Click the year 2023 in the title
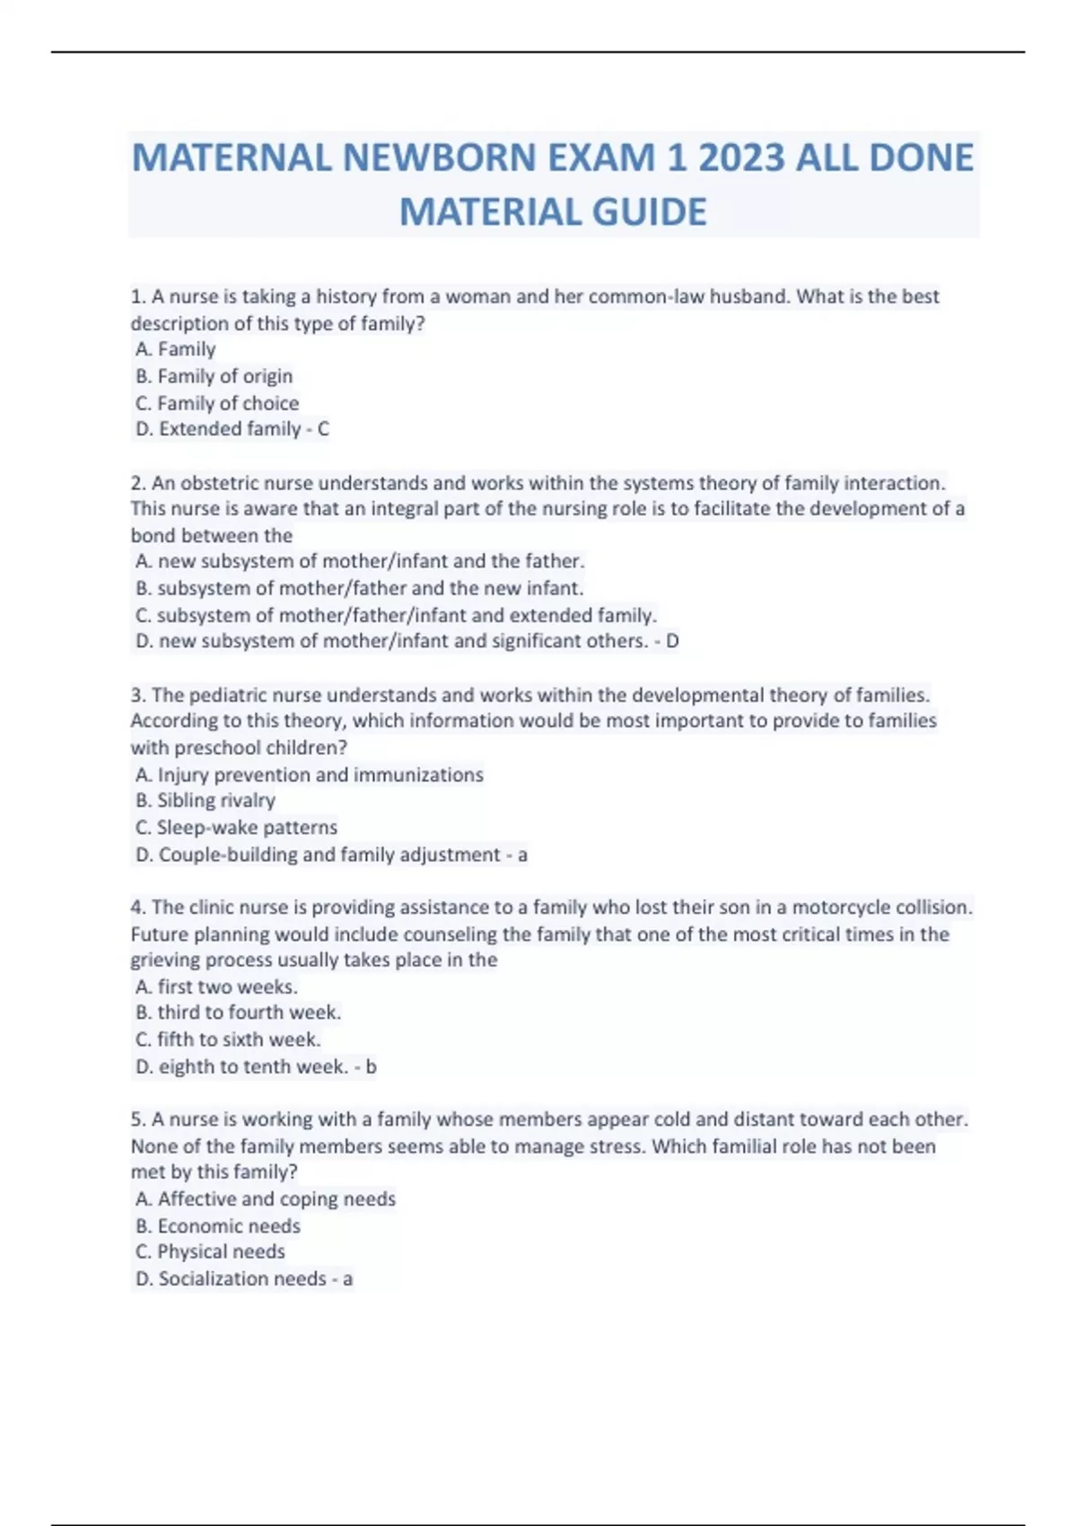(x=741, y=158)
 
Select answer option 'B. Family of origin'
(x=214, y=376)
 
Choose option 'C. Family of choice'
(x=217, y=403)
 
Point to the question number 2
(x=137, y=483)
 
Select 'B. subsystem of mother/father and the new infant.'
(x=359, y=588)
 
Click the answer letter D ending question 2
(x=672, y=641)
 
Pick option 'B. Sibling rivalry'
(x=206, y=800)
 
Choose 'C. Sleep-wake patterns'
(x=236, y=827)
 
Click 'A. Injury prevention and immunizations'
(x=310, y=774)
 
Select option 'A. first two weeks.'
(x=216, y=987)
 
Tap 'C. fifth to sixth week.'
(x=228, y=1039)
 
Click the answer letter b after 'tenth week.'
(x=372, y=1066)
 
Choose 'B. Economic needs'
(x=218, y=1225)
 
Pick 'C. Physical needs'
(x=210, y=1251)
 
